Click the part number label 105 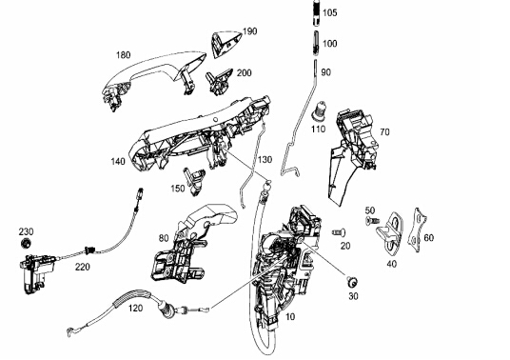tap(330, 13)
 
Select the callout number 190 tap(250, 31)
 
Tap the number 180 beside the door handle tap(124, 55)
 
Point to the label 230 tap(26, 231)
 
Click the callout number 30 tap(353, 296)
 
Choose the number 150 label tap(178, 189)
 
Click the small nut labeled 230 tap(26, 243)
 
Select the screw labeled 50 tap(372, 221)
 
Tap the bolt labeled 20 tap(339, 232)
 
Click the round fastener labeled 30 tap(352, 281)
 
